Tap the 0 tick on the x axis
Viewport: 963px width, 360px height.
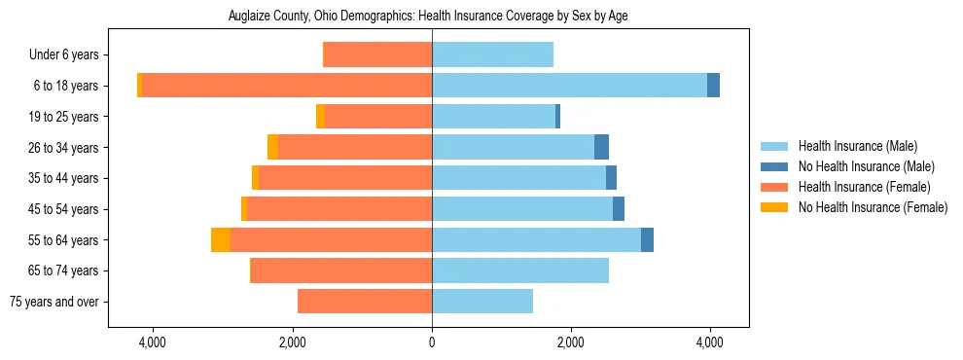432,342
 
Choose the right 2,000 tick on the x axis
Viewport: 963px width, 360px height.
571,342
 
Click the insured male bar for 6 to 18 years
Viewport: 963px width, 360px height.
569,86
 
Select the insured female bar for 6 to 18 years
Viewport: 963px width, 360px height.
287,86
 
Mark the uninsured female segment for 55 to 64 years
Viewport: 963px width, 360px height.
221,240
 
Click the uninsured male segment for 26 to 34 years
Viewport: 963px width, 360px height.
601,147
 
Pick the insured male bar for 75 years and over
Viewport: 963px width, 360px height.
482,302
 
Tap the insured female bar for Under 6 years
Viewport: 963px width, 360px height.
377,55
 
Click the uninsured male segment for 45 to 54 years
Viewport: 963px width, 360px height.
619,209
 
